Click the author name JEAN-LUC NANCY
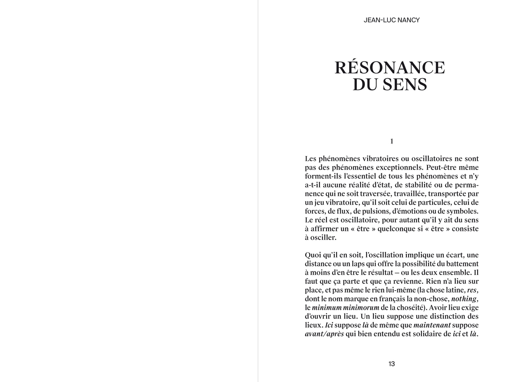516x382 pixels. pos(391,20)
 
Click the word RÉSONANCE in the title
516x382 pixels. pos(390,68)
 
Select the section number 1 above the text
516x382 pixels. pos(392,141)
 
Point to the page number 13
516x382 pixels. pos(392,364)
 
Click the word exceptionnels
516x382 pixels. pos(390,167)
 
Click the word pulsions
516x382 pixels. pos(365,211)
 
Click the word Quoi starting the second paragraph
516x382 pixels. pos(313,255)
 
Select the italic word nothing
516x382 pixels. pos(464,299)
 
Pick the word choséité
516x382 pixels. pos(409,308)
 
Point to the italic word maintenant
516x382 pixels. pos(432,325)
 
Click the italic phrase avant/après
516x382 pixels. pos(324,334)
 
